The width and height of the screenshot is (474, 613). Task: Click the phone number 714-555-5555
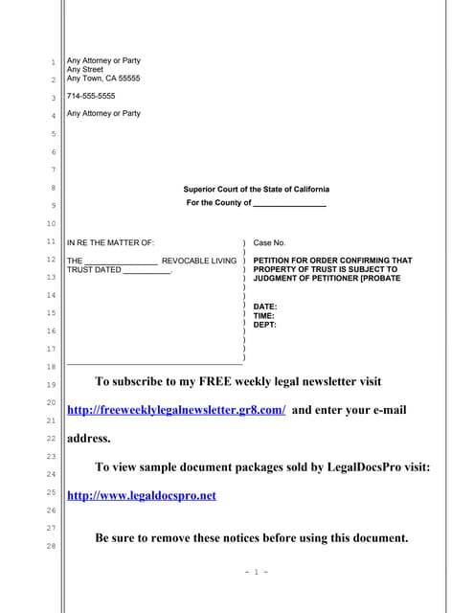(91, 96)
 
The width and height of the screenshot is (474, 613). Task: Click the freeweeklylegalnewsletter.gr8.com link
(176, 410)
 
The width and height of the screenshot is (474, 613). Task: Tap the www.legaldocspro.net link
(142, 495)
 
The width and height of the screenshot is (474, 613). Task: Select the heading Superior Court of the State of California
(256, 190)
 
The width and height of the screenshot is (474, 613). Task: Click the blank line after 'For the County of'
(289, 204)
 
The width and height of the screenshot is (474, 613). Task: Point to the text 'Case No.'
(269, 243)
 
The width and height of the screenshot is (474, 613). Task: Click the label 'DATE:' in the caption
(265, 306)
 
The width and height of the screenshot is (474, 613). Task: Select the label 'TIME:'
(264, 315)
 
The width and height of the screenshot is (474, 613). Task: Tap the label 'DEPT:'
(265, 325)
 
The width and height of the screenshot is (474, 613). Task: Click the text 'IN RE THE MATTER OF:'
(110, 243)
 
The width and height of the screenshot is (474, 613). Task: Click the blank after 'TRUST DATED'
(147, 271)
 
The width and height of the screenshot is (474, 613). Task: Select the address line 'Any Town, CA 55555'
(103, 79)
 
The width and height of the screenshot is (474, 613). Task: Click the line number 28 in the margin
(53, 546)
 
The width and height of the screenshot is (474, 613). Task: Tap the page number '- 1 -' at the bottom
(256, 572)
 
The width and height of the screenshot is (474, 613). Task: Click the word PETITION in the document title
(275, 261)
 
